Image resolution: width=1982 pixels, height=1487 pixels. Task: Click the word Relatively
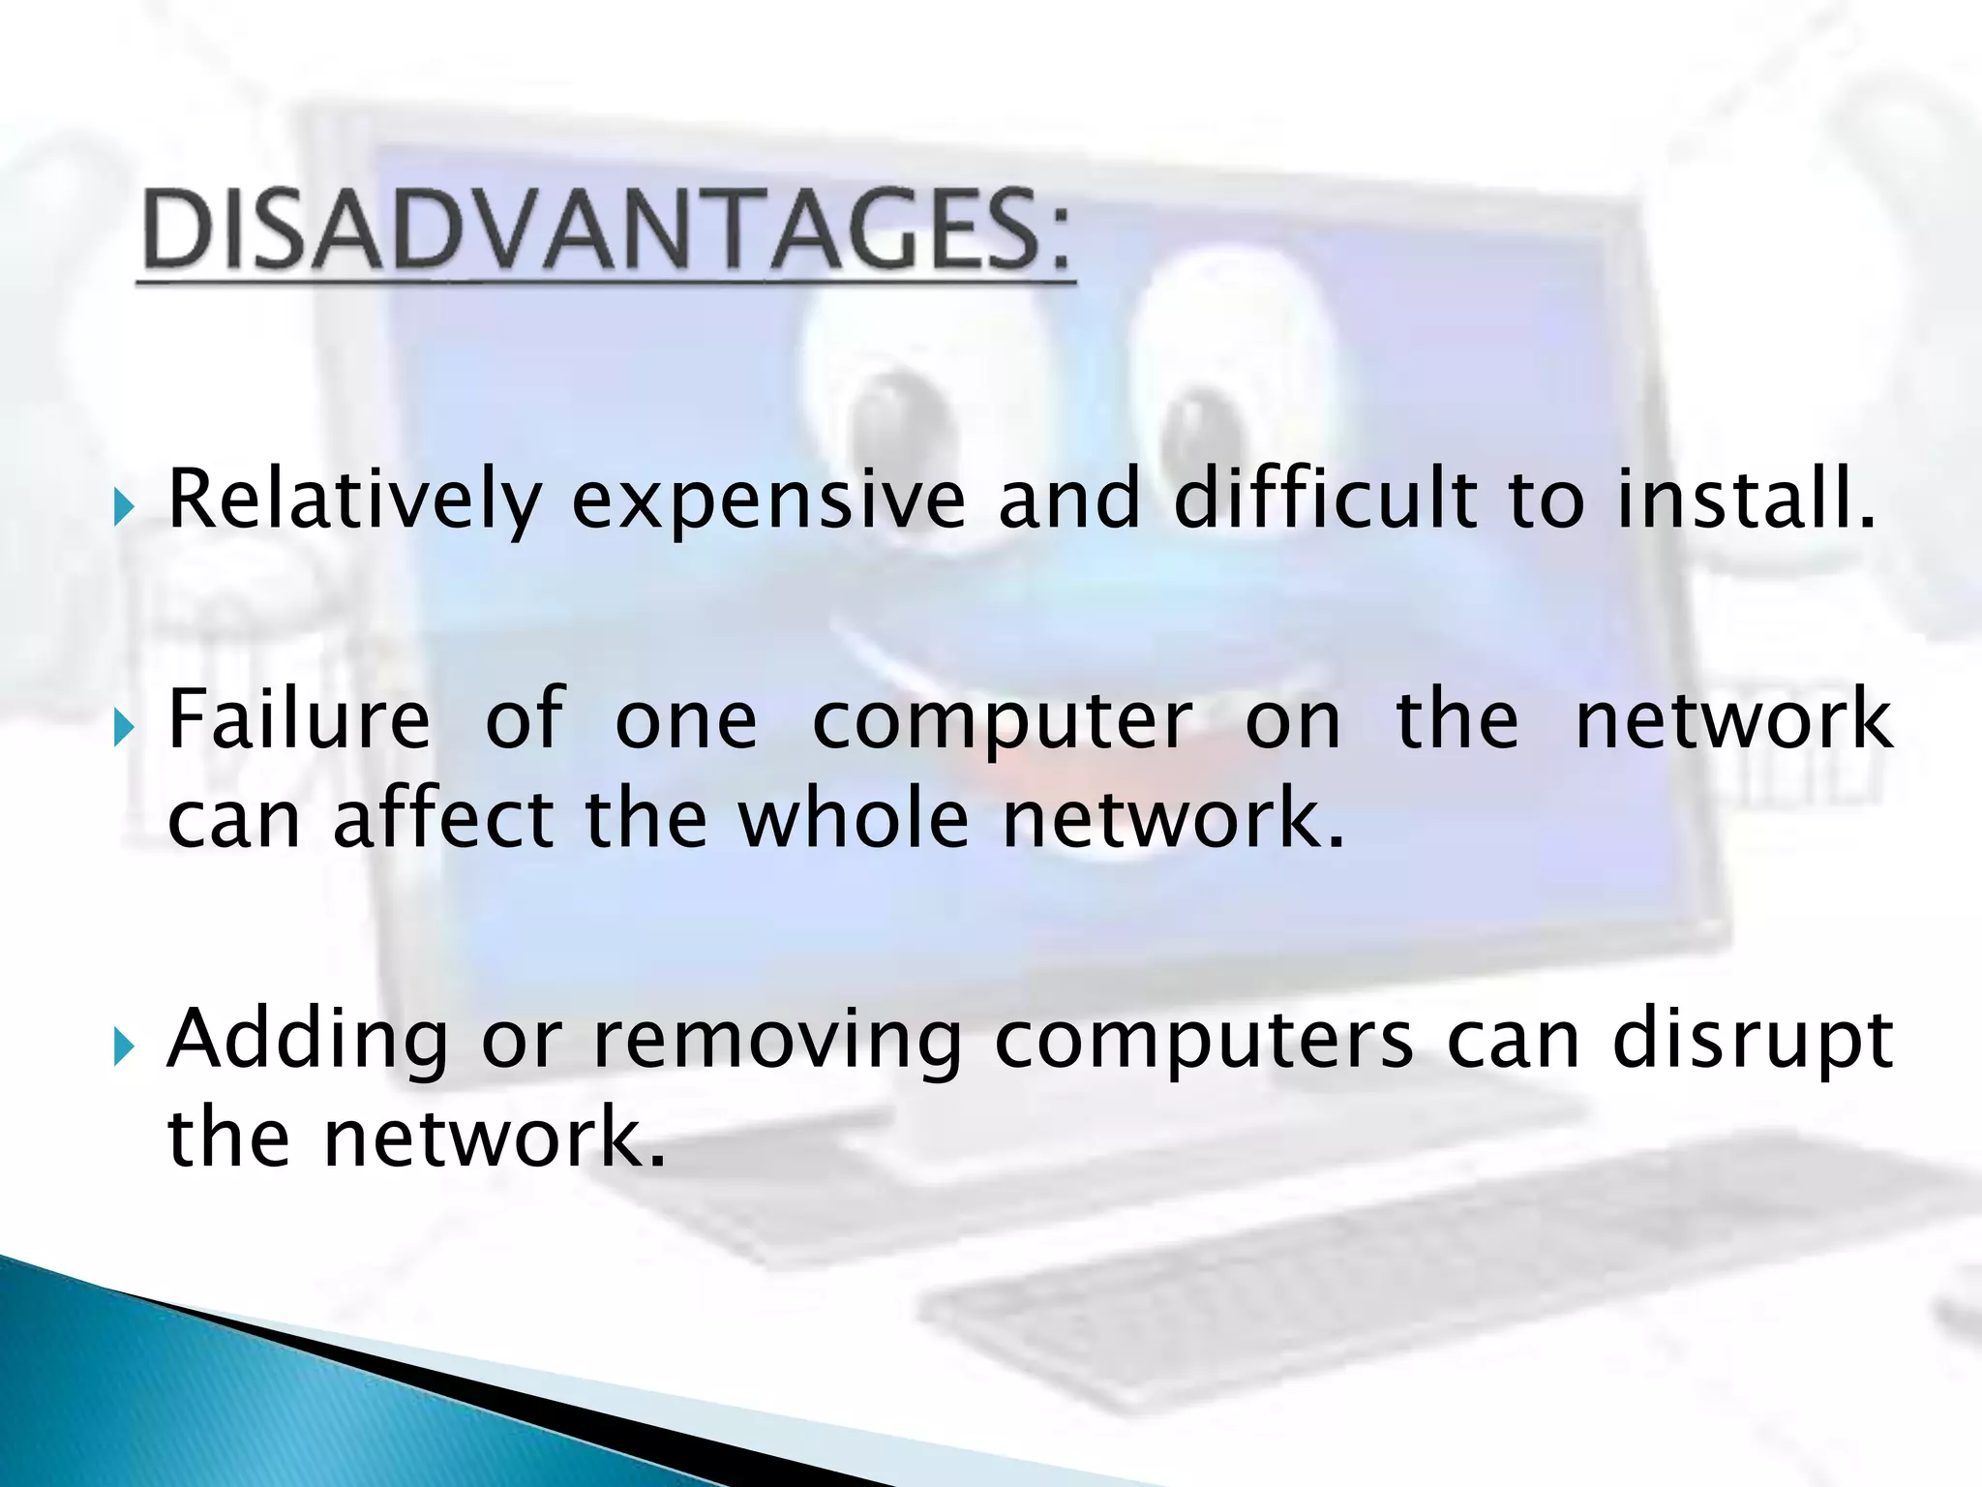[354, 501]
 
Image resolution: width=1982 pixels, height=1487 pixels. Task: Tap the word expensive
[768, 501]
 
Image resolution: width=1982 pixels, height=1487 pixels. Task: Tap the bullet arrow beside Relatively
[123, 506]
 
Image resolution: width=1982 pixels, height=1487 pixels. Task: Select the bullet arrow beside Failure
[123, 727]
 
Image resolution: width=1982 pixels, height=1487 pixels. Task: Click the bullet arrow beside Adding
[123, 1047]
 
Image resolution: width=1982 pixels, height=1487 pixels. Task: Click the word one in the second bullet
[686, 721]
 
